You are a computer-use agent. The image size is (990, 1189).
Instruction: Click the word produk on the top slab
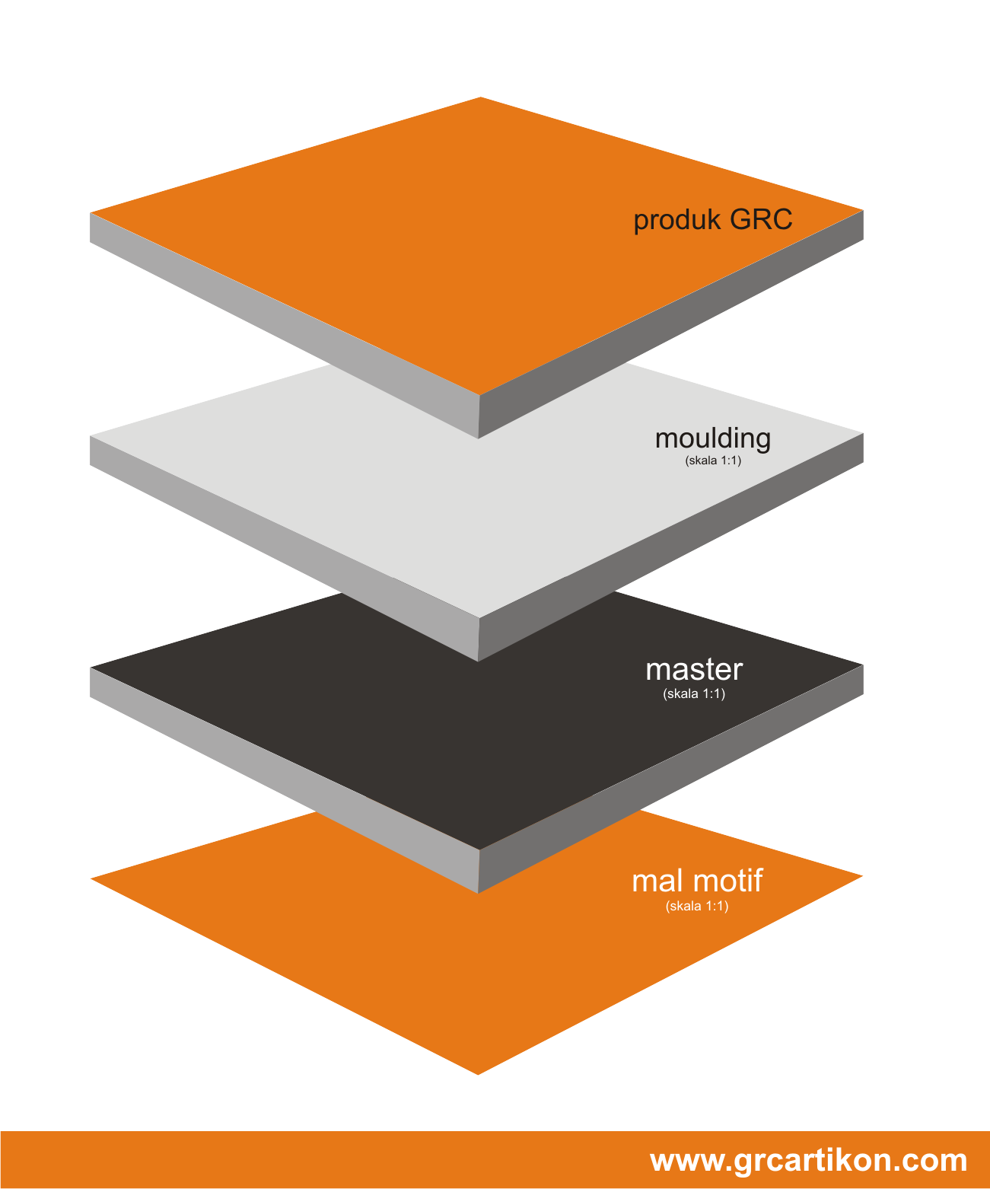click(677, 221)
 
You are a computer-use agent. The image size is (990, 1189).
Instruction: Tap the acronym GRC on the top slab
click(761, 219)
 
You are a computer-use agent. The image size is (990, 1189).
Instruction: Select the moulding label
click(713, 439)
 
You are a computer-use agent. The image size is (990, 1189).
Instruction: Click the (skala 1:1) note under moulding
click(713, 460)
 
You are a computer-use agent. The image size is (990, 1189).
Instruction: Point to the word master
click(694, 670)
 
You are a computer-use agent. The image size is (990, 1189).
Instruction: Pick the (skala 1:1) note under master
click(694, 693)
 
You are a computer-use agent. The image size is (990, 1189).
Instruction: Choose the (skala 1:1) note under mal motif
click(697, 905)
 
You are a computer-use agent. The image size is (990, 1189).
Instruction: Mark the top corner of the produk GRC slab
click(480, 97)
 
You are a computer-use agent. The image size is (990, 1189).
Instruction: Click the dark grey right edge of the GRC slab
click(670, 324)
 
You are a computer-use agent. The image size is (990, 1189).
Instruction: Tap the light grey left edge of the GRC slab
click(285, 325)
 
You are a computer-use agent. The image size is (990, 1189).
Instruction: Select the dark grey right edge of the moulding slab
click(670, 548)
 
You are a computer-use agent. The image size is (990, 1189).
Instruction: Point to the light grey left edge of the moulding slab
click(285, 548)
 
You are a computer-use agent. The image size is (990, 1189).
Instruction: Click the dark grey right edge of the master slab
click(670, 779)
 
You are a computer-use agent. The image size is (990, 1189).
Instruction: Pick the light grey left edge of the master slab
click(285, 780)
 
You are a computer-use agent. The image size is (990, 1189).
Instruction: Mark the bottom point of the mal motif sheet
click(478, 1075)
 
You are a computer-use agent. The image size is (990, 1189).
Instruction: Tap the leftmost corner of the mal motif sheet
click(91, 878)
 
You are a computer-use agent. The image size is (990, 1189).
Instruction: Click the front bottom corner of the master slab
click(478, 893)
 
